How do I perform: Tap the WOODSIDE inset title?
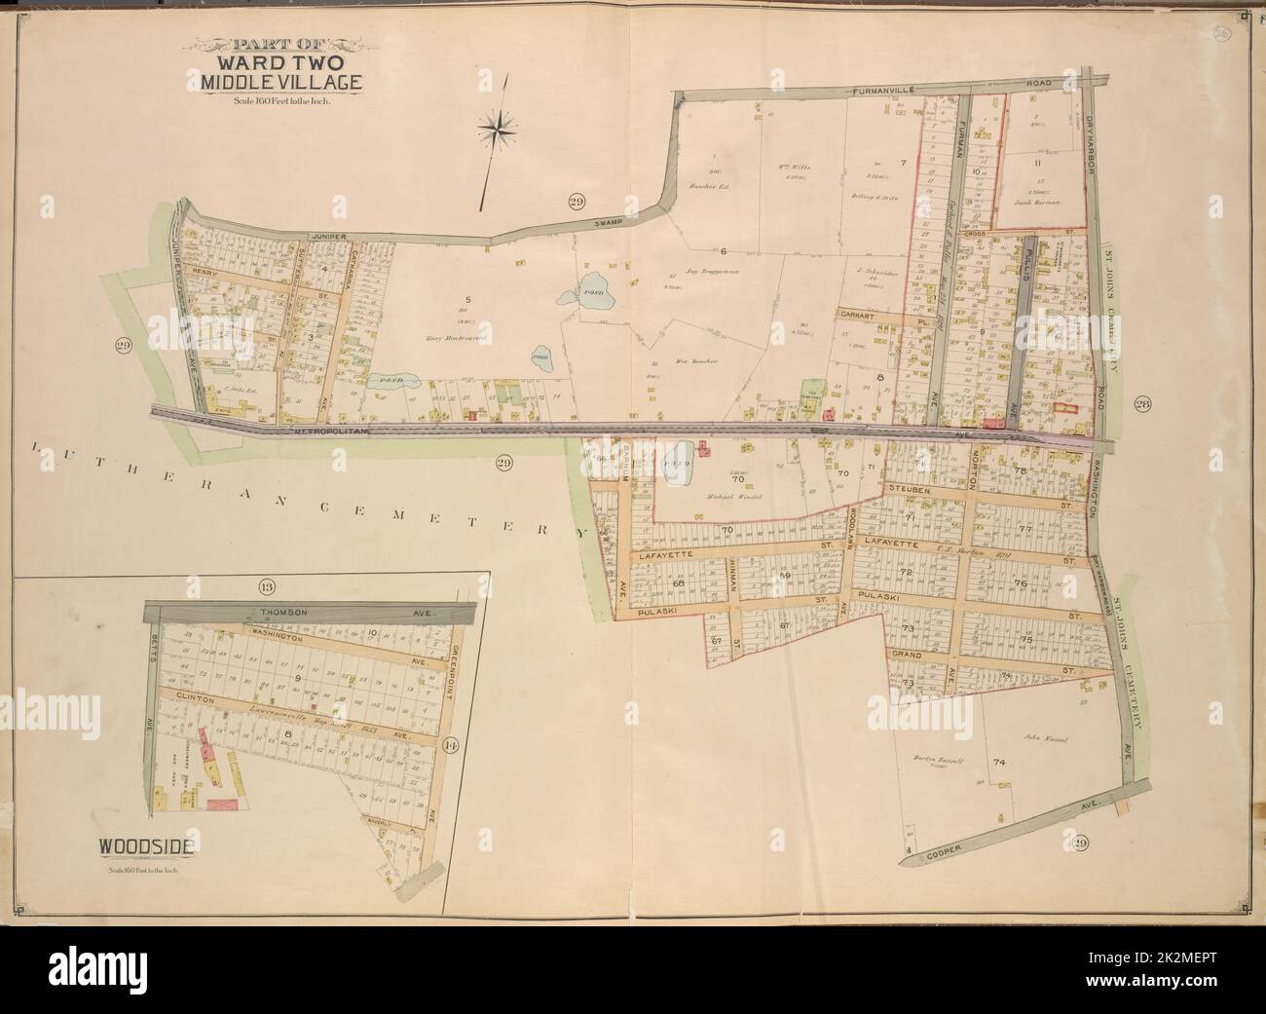[x=144, y=845]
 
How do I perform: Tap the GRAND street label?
[x=907, y=652]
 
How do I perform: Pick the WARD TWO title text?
[x=279, y=64]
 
